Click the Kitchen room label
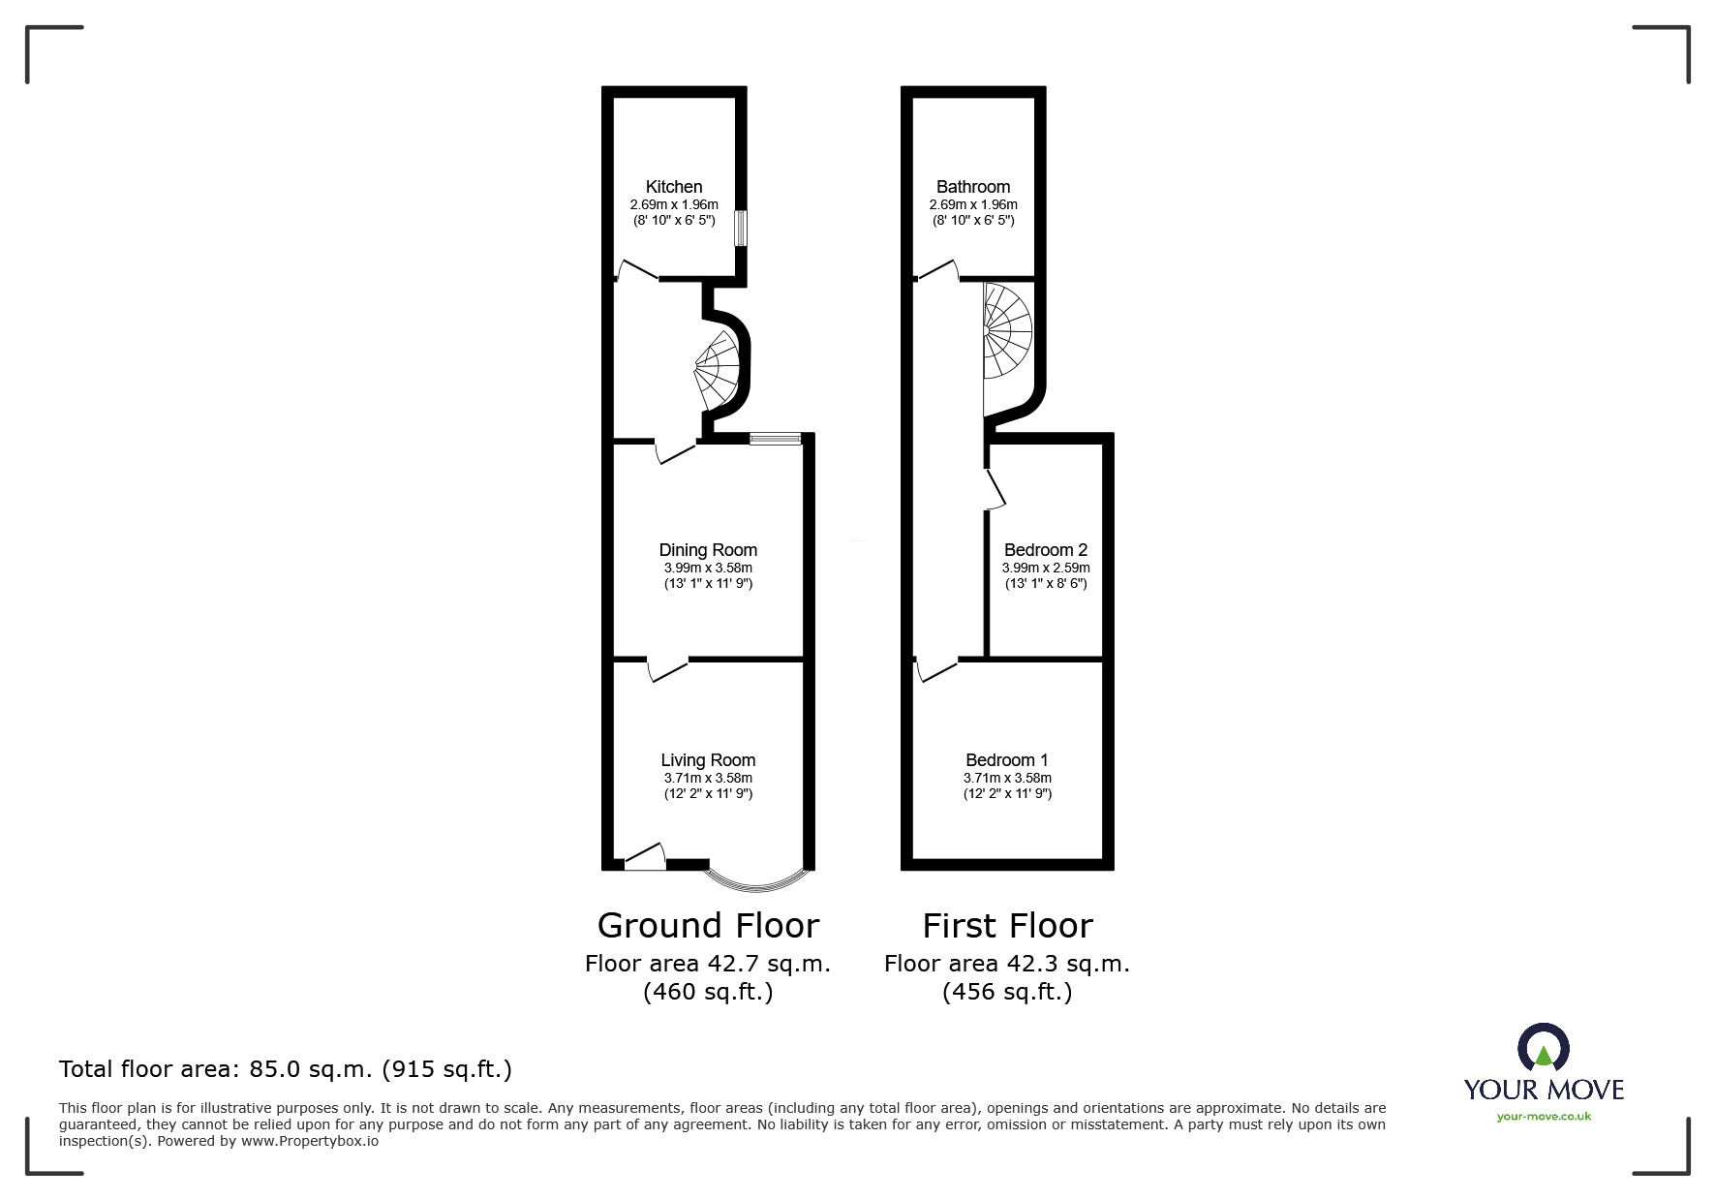pos(674,187)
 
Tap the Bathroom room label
pos(973,187)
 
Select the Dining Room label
pos(708,550)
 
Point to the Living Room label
pos(708,760)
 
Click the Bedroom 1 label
pos(1007,760)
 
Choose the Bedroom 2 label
pos(1046,550)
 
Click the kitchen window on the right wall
pos(741,229)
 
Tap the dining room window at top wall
pos(776,439)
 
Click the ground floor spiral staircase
pos(720,372)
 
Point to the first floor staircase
pos(1007,334)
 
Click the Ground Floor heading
pos(708,926)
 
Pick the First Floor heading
pos(1007,926)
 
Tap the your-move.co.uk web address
pos(1544,1117)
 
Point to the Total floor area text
pos(286,1069)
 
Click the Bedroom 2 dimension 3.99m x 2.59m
pos(1046,569)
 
